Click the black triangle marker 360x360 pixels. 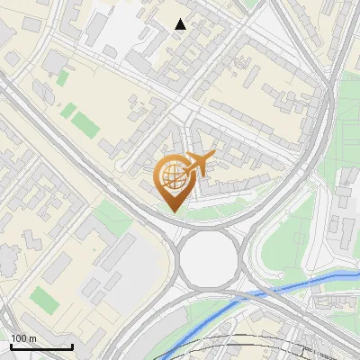[x=180, y=24]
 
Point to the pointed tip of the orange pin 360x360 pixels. [x=174, y=211]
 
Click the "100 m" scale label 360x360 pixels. [x=24, y=338]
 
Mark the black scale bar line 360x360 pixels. [x=41, y=346]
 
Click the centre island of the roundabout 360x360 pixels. [x=206, y=259]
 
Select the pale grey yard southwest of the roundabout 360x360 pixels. [x=126, y=261]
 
